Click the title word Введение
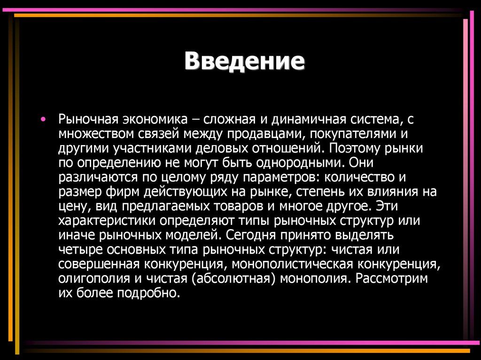pos(245,61)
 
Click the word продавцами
pos(267,134)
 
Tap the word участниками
pos(149,148)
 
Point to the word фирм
pos(123,192)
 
